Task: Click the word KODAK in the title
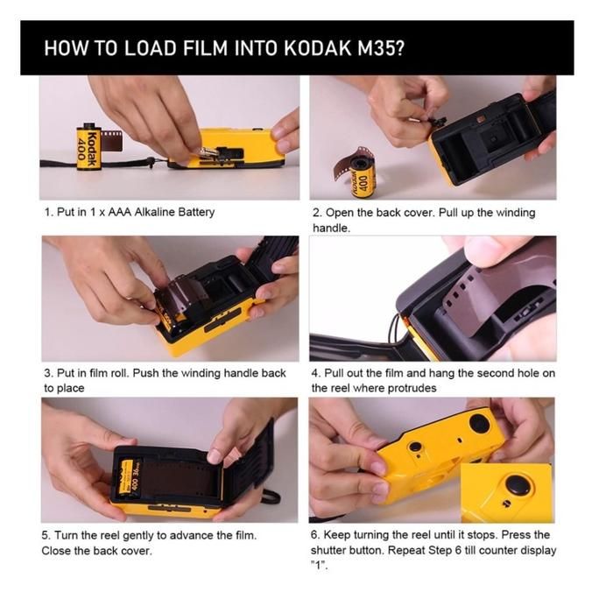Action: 317,48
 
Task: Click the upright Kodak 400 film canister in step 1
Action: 89,146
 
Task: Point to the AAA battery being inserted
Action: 208,152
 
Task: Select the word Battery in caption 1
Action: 197,212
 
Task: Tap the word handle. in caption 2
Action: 331,228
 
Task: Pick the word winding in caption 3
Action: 201,373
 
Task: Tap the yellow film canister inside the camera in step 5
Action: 130,478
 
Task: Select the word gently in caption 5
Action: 138,536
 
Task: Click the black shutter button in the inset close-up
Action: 518,484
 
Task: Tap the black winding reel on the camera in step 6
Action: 480,423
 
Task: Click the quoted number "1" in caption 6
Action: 320,566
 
